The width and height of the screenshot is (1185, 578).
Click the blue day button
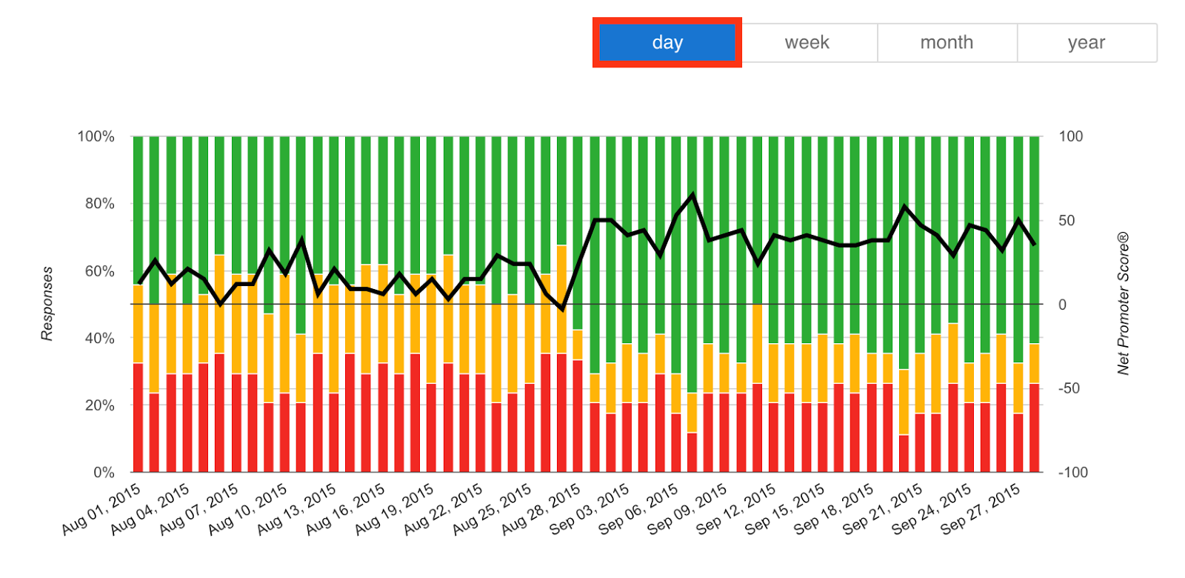[667, 43]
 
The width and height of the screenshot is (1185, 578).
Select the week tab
[807, 43]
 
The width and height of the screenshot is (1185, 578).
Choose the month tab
[946, 43]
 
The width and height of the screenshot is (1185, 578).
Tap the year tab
[1086, 43]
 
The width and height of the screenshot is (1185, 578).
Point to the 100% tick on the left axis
[96, 136]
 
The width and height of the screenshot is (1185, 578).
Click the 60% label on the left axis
[99, 271]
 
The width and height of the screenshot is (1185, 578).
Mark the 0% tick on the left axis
[104, 472]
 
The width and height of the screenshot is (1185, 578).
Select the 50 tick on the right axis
[1066, 221]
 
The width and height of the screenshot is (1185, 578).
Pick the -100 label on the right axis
[1072, 472]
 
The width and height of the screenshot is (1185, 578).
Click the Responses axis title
[47, 304]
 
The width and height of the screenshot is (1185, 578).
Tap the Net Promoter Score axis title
[1123, 304]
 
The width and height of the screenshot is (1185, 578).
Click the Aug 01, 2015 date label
[101, 509]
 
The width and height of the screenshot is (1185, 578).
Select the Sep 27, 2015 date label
[981, 509]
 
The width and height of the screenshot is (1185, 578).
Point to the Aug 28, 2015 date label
[541, 509]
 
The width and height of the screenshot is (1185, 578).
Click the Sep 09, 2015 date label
[688, 509]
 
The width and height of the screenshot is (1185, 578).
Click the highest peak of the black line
[692, 195]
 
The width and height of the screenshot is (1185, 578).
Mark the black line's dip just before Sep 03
[563, 308]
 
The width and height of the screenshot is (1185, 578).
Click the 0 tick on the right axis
[1062, 305]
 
